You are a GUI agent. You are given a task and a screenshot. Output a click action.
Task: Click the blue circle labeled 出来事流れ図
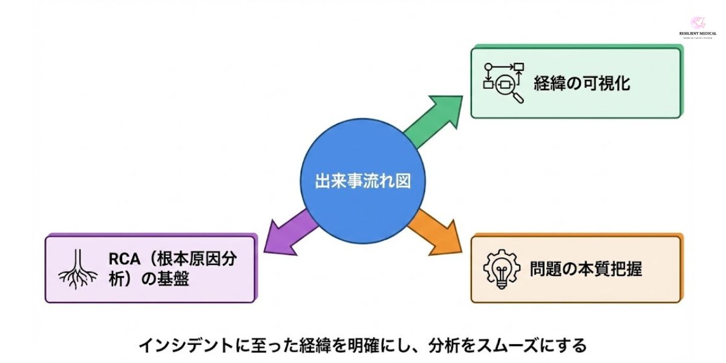click(362, 181)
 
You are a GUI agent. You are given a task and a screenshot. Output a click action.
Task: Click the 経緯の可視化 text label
click(581, 83)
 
